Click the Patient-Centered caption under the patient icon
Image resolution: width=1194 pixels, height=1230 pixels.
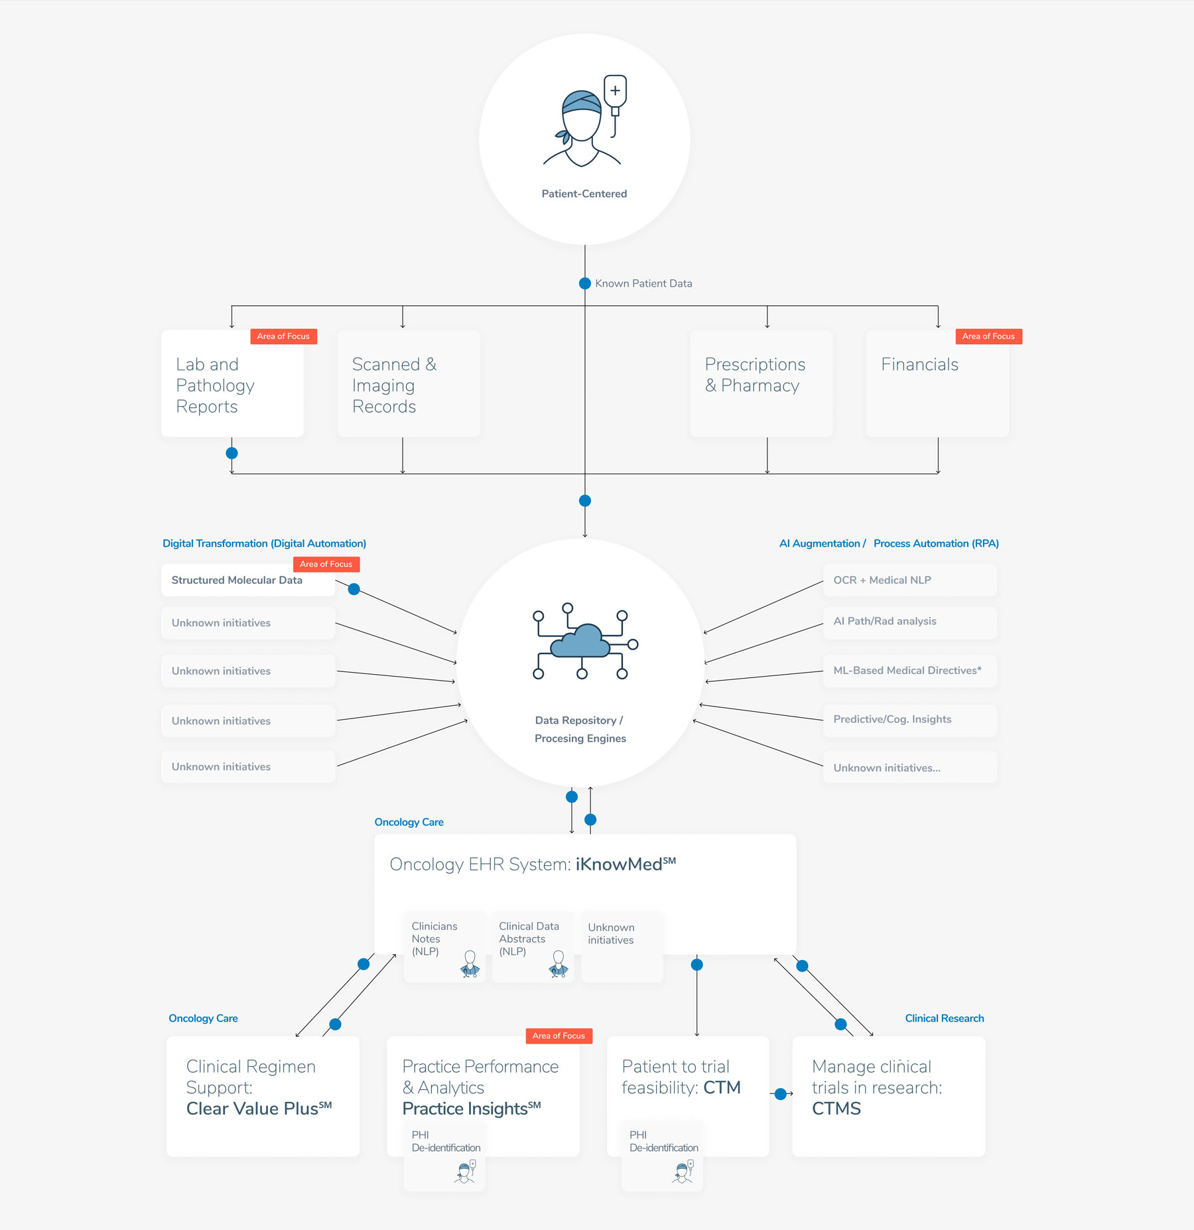click(x=584, y=194)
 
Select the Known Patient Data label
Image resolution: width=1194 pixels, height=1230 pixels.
click(x=643, y=283)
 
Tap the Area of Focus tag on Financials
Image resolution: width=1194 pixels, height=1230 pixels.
click(x=988, y=336)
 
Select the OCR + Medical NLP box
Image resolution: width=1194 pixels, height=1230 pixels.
click(x=909, y=581)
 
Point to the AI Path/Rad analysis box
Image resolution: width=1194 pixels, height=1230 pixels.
click(x=909, y=622)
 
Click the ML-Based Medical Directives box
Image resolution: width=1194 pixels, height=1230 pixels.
click(x=909, y=671)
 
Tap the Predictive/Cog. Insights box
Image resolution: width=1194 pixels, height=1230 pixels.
click(x=909, y=720)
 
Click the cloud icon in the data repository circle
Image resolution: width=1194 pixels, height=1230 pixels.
click(x=581, y=641)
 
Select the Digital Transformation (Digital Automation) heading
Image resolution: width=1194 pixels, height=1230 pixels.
click(x=264, y=543)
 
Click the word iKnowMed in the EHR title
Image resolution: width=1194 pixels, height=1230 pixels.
click(x=619, y=864)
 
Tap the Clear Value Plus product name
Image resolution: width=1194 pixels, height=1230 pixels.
click(x=253, y=1109)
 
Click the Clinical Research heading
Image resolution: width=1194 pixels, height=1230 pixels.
click(x=944, y=1018)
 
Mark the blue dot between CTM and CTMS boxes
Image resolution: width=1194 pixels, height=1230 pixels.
click(x=781, y=1094)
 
